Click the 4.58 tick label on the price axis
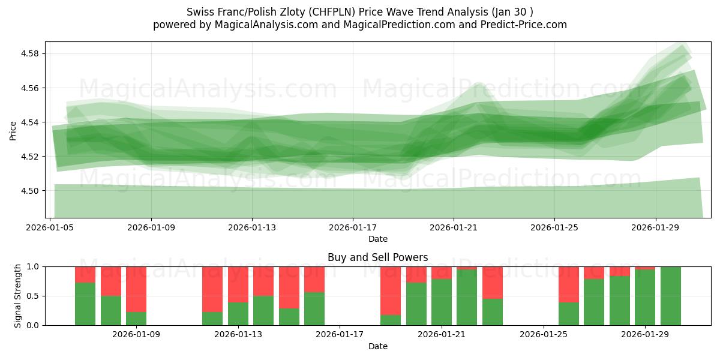31,54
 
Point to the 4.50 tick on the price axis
31,191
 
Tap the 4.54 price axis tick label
31,122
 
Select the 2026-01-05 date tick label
50,228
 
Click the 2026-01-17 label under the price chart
353,228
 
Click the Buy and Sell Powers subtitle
377,257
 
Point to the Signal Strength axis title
18,296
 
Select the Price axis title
13,130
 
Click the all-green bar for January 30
670,296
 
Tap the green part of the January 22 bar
467,298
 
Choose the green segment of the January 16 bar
314,309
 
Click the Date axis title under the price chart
377,239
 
